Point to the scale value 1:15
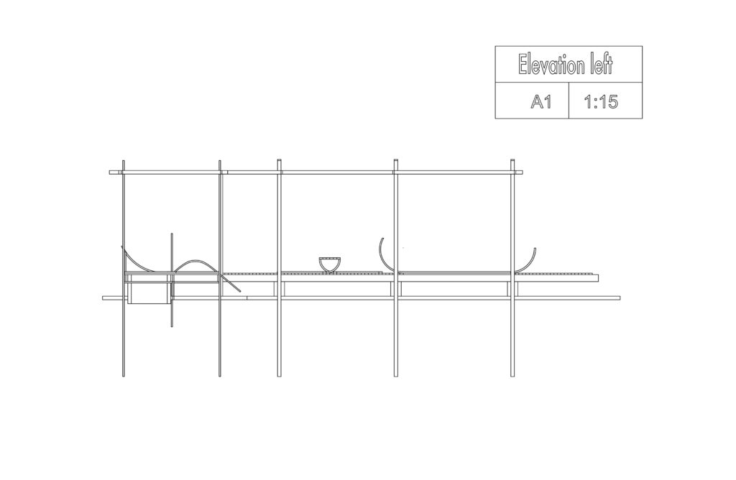[x=602, y=101]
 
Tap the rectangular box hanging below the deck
[x=148, y=292]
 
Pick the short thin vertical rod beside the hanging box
[x=172, y=280]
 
